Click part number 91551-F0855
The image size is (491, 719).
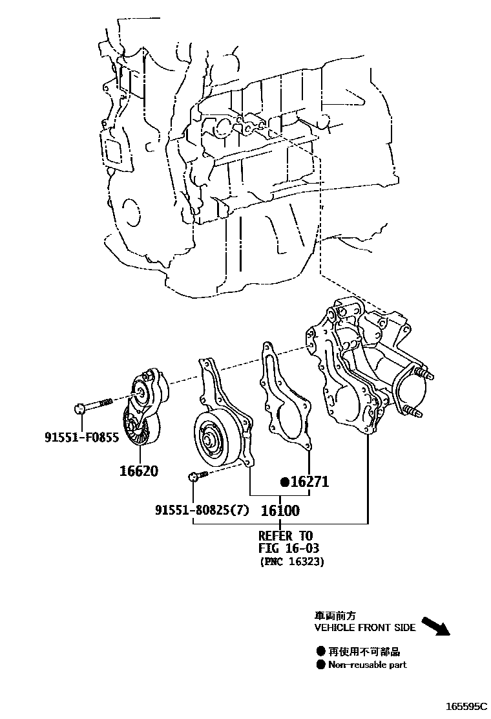click(81, 438)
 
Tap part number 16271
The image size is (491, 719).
click(309, 482)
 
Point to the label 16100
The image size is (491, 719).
click(280, 511)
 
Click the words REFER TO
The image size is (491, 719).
click(285, 535)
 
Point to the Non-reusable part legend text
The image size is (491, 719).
click(368, 665)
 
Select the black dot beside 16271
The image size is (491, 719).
click(284, 482)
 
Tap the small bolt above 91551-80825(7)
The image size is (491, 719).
click(197, 477)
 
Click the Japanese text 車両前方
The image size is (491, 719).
click(335, 616)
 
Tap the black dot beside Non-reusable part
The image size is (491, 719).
click(321, 665)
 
